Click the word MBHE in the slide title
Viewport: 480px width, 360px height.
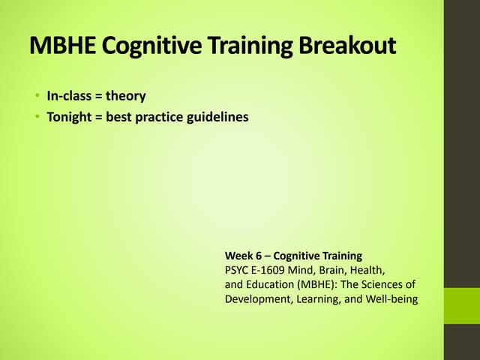tap(62, 46)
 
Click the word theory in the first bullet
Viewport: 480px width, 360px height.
tap(125, 96)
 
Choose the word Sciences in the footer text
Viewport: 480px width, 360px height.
tap(388, 285)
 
